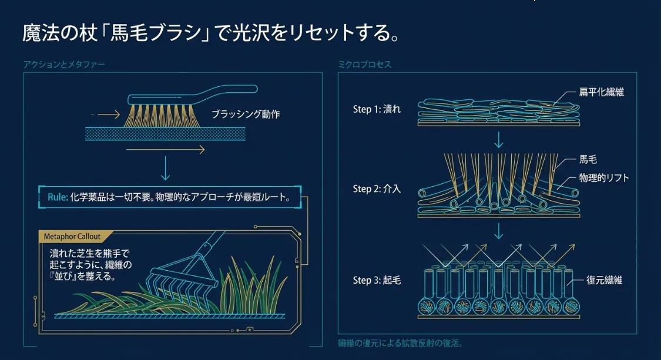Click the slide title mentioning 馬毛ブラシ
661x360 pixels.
tap(212, 33)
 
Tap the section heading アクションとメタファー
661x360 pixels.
tap(64, 65)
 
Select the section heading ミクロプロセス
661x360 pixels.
tap(364, 65)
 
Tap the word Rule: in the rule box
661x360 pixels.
tap(58, 197)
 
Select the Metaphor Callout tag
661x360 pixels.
tap(72, 236)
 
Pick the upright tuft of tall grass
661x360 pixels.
tap(250, 288)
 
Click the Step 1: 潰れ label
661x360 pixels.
tap(377, 109)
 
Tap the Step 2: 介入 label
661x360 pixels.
tap(377, 189)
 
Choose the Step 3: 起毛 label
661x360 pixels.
tap(377, 280)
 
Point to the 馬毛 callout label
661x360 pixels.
tap(588, 160)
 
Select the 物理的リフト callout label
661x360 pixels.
tap(603, 178)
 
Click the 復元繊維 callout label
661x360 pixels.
tap(604, 280)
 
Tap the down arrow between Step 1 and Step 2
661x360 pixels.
tap(499, 140)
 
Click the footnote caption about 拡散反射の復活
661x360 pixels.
tap(405, 343)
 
